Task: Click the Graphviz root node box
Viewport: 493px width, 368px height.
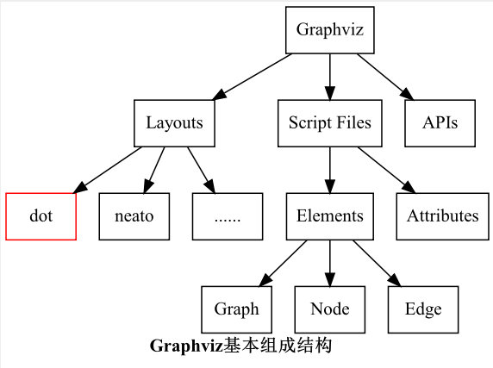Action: (330, 30)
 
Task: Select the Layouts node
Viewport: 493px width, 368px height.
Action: (174, 122)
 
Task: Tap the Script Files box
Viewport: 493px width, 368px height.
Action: (330, 122)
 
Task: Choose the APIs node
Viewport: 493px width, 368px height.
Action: (440, 122)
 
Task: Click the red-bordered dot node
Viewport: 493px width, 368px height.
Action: (41, 215)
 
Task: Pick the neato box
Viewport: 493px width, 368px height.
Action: (134, 215)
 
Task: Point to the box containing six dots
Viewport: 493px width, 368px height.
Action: (227, 215)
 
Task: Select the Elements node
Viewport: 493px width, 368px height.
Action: (330, 215)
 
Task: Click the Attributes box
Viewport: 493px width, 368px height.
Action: (442, 215)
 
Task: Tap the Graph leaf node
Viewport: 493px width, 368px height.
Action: (236, 309)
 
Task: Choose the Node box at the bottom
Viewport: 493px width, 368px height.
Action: (329, 309)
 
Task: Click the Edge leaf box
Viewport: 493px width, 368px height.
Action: (423, 309)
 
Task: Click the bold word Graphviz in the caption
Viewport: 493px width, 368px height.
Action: (186, 346)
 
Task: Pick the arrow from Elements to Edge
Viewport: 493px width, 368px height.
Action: (376, 262)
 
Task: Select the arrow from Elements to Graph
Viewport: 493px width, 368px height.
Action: (284, 262)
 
